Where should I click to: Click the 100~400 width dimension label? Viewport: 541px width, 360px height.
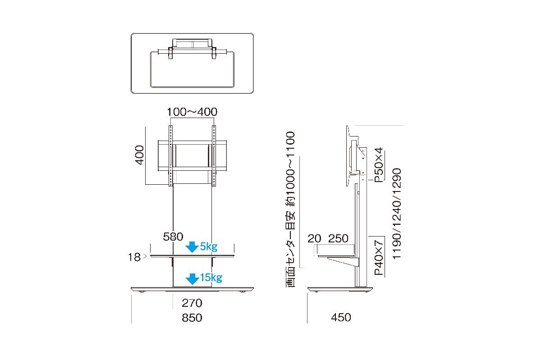pos(192,112)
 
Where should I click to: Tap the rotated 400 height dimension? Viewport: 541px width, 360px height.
pos(140,155)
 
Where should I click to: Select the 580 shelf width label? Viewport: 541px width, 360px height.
pos(173,237)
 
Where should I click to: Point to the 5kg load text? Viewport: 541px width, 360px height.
pos(209,246)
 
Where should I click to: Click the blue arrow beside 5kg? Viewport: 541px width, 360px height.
pos(192,247)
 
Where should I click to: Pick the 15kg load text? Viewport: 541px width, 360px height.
pos(211,278)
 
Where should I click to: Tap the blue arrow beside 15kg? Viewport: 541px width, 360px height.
pos(192,279)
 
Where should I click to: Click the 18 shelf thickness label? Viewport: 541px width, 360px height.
pos(134,257)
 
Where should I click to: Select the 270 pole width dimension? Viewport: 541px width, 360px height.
pos(192,303)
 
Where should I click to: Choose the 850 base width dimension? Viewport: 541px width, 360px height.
pos(192,318)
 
